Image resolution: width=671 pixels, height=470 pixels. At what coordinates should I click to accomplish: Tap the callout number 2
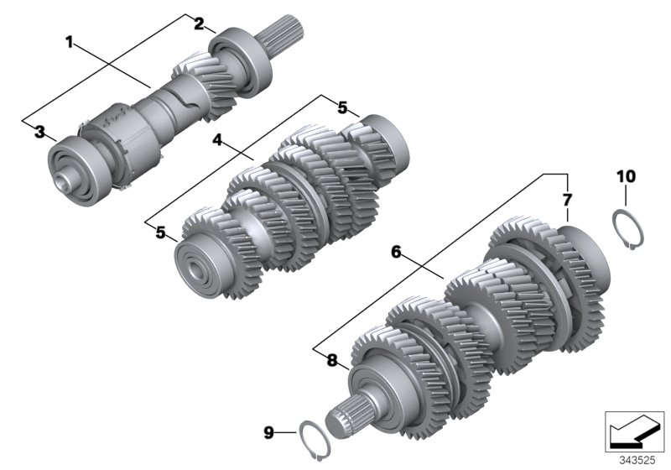[199, 23]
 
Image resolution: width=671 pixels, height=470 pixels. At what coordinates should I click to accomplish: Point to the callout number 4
[217, 141]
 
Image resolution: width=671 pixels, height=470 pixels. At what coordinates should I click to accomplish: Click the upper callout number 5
[342, 107]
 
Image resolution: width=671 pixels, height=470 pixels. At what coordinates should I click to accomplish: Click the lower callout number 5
[160, 232]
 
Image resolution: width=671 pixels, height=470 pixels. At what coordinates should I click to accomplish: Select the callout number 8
[332, 361]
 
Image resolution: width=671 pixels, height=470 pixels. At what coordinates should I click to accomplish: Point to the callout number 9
[268, 432]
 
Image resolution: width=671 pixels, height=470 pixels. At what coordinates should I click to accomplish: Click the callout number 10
[627, 176]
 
